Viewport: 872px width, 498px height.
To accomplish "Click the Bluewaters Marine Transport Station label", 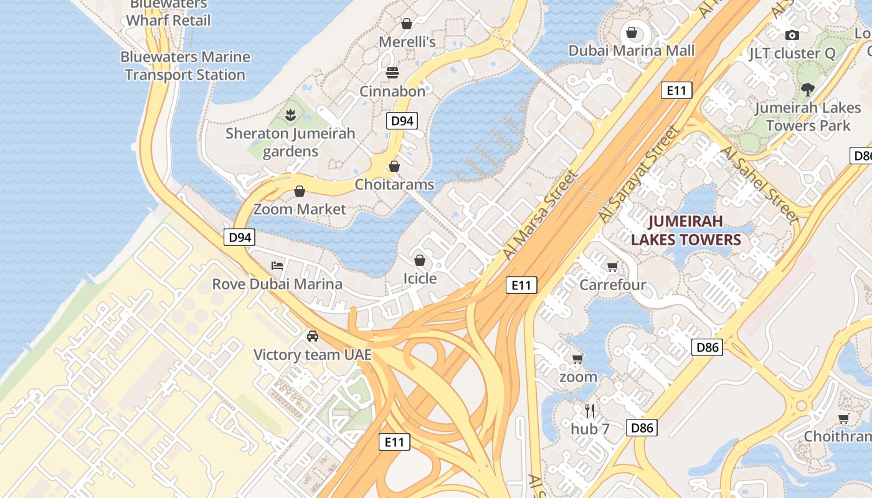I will pos(185,66).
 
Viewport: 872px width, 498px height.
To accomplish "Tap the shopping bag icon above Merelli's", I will pos(407,24).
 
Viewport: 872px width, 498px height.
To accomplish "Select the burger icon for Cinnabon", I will pos(392,73).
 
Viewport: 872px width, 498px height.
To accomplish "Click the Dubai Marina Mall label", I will pos(631,50).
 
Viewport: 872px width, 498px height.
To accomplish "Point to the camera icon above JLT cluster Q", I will pos(792,35).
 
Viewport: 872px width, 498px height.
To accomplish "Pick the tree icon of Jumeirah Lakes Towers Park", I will pos(808,90).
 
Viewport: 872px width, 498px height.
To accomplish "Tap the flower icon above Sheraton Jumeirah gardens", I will pos(290,115).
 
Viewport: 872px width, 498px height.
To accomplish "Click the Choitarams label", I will pos(394,184).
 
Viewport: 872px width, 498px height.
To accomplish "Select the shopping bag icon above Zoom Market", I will pos(300,191).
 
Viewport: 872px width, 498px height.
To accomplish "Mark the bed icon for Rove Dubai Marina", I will pos(277,266).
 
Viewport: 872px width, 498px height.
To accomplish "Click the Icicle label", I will pos(420,278).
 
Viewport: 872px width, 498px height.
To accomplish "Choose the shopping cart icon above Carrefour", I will pos(612,267).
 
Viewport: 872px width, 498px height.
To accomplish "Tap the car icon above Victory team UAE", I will pos(313,336).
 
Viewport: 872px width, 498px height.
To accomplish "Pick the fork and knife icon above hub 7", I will pos(590,411).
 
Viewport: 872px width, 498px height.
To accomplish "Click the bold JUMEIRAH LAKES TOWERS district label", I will pos(685,230).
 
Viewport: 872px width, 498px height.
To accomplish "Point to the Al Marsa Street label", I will pos(539,214).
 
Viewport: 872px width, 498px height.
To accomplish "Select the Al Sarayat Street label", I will pos(639,174).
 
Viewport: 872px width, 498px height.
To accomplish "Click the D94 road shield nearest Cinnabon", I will pos(402,121).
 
